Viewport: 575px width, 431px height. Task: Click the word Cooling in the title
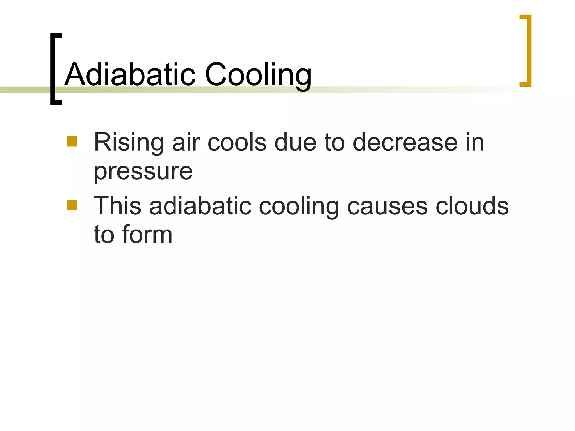(x=258, y=75)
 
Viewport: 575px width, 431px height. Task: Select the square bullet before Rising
(x=72, y=141)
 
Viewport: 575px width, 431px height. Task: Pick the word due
(x=295, y=143)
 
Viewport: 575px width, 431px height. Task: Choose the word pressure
(x=143, y=172)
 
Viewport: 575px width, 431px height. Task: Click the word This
(x=117, y=206)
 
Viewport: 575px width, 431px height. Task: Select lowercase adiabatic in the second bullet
(x=200, y=206)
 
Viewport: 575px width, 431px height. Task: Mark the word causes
(x=387, y=206)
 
